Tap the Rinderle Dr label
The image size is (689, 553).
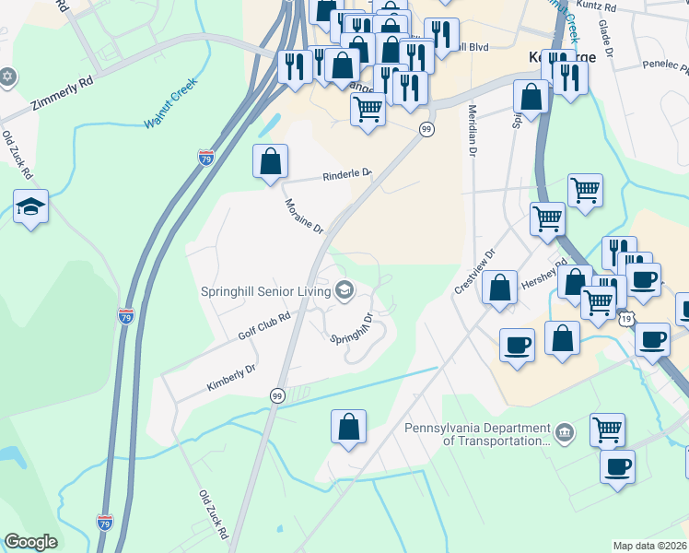point(346,174)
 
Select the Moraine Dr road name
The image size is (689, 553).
point(303,216)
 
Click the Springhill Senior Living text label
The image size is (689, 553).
point(265,291)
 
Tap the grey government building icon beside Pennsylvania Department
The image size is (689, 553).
point(564,430)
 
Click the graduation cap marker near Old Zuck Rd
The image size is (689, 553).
point(30,206)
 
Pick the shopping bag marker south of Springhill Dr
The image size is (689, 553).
point(348,427)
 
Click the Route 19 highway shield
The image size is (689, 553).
point(626,318)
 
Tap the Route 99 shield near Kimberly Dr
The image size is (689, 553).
point(276,395)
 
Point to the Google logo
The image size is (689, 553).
point(30,542)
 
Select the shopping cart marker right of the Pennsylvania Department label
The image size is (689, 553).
point(607,429)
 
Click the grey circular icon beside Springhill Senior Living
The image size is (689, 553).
point(344,291)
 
